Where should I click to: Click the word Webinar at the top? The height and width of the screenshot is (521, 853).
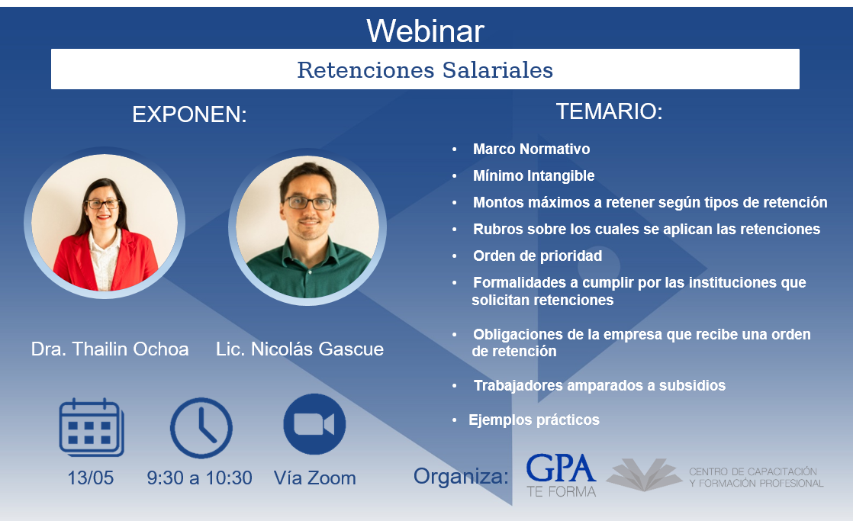click(x=425, y=31)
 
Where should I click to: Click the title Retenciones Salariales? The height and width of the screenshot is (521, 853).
click(x=425, y=70)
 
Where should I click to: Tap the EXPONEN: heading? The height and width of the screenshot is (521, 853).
click(x=189, y=114)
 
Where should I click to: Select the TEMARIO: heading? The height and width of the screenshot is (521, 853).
click(x=609, y=111)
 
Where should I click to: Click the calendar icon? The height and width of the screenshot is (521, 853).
click(x=92, y=427)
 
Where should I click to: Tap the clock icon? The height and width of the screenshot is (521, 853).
click(x=201, y=427)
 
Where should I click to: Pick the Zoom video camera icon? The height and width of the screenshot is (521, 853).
click(x=314, y=424)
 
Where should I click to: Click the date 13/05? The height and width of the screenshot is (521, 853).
click(x=90, y=478)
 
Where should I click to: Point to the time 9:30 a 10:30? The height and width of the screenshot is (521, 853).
click(x=200, y=478)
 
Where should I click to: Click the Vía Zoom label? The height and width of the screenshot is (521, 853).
click(x=315, y=478)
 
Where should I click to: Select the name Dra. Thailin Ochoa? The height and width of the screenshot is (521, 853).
click(x=110, y=349)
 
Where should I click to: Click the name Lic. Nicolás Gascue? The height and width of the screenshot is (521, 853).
click(x=300, y=349)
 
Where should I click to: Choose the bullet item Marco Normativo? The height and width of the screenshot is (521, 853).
click(x=532, y=149)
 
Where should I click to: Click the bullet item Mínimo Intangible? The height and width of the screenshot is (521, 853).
click(x=533, y=175)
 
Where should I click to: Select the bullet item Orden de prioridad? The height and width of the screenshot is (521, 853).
click(x=537, y=256)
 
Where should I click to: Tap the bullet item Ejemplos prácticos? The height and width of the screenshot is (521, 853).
click(x=534, y=420)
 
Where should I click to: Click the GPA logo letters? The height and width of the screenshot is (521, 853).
click(x=561, y=468)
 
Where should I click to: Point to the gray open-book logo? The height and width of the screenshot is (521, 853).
click(x=644, y=474)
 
